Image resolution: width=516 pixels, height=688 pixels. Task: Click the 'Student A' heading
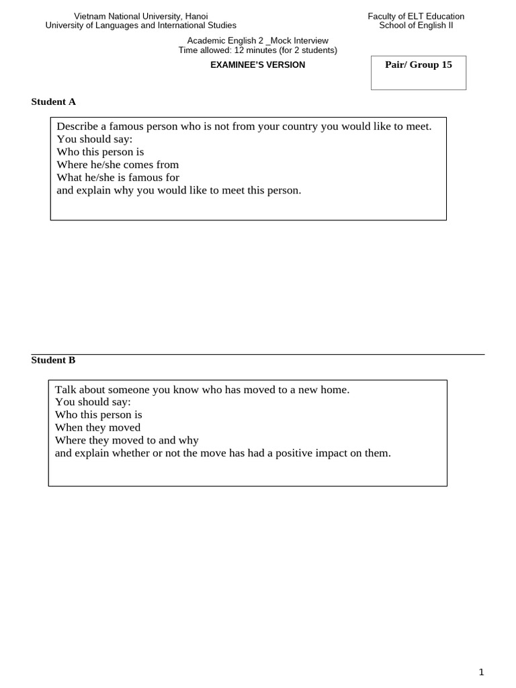[54, 102]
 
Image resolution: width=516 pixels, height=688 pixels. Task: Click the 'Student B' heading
[54, 360]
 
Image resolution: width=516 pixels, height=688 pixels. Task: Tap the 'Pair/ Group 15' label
[418, 65]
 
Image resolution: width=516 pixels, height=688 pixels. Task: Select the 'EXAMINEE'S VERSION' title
[258, 65]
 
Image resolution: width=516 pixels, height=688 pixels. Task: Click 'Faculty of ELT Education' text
[416, 16]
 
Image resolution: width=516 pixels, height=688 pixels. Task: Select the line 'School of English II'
[416, 26]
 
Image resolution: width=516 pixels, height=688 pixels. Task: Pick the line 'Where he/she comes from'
[118, 165]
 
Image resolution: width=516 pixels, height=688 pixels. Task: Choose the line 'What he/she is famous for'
[118, 177]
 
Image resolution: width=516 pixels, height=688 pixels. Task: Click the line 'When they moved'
[97, 427]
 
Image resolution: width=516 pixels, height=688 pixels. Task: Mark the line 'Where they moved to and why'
[126, 440]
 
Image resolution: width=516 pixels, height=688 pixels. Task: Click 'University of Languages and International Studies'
[140, 26]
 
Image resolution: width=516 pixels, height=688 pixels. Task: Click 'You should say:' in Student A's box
[95, 139]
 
